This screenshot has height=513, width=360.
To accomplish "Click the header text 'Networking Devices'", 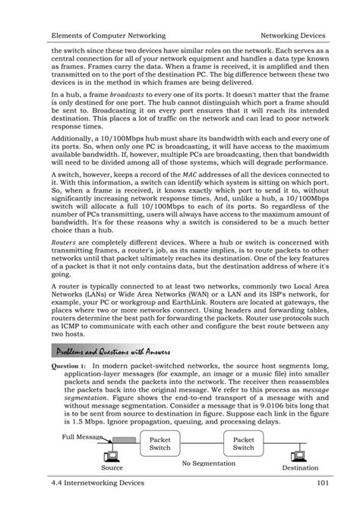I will click(292, 36).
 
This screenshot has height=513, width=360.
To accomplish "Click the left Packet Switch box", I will click(159, 443).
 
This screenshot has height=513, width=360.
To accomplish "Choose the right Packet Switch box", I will click(243, 443).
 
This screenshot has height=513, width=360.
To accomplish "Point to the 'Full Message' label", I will click(84, 437).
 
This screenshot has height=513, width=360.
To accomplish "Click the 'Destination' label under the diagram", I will click(300, 469).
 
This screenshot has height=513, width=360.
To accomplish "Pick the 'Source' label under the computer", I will click(112, 469).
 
